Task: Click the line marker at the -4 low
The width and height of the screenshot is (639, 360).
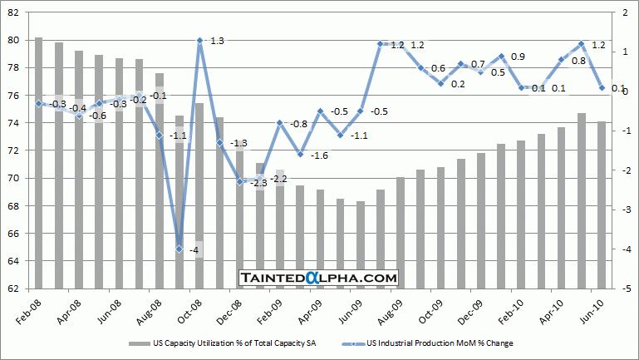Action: click(x=179, y=249)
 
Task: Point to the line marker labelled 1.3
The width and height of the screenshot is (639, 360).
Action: click(x=199, y=40)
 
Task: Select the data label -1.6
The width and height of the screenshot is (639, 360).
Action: click(x=320, y=155)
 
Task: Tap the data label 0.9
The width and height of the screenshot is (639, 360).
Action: click(x=518, y=57)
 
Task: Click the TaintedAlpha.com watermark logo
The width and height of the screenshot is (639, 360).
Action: click(x=319, y=278)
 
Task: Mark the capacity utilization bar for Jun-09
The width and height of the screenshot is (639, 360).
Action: click(x=361, y=245)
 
